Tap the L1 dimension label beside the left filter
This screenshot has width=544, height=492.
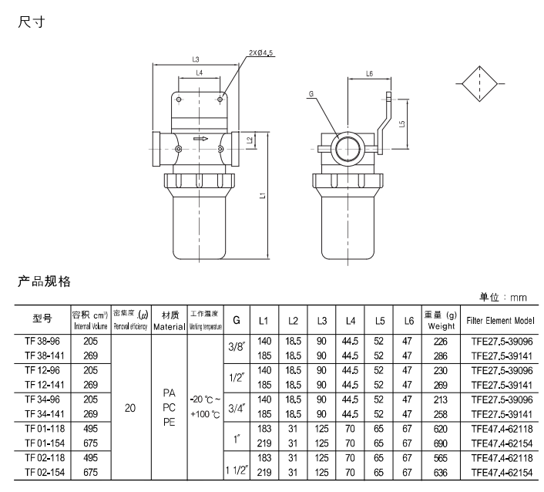263,196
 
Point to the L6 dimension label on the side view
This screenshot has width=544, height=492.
369,73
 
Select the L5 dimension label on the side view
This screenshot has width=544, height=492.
402,123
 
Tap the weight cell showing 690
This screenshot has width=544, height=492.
440,443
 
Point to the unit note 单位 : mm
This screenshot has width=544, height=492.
503,297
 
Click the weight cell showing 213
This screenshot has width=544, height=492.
440,399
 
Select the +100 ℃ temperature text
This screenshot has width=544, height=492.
207,414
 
